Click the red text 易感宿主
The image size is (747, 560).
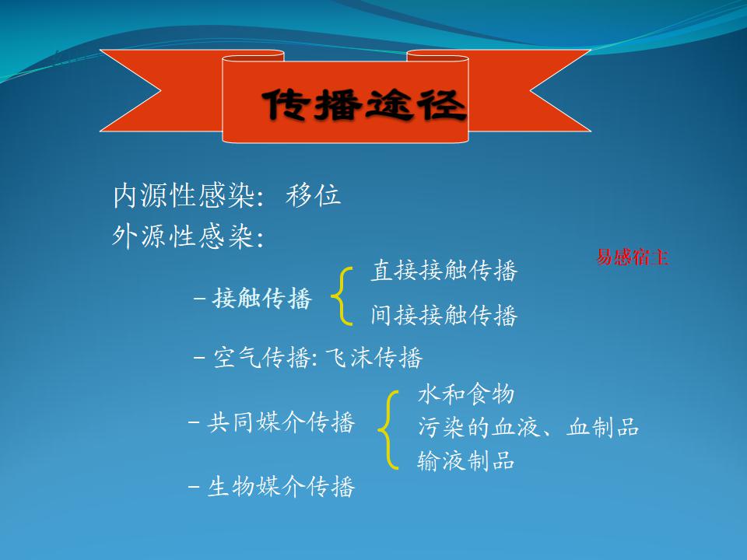(632, 257)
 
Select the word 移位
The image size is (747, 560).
(313, 195)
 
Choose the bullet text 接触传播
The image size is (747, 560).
(262, 299)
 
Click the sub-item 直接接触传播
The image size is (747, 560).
(444, 271)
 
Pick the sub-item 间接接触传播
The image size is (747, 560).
(444, 315)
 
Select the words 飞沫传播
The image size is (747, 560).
(373, 357)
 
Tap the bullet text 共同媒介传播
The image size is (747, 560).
(281, 422)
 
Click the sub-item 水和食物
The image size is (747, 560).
(466, 394)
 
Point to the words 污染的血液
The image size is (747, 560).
(479, 427)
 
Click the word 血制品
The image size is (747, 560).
(602, 427)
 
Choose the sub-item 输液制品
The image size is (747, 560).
(466, 460)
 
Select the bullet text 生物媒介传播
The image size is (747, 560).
(281, 487)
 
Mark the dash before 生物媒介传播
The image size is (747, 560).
(194, 487)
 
